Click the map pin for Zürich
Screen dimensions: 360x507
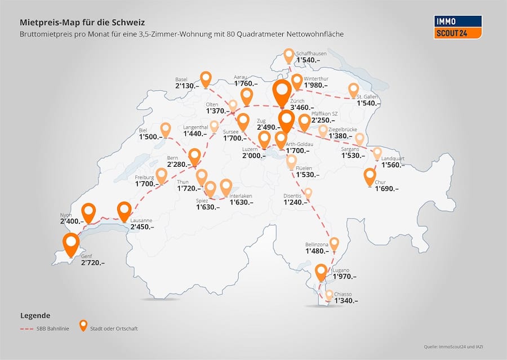282,91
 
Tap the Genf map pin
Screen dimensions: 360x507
71,245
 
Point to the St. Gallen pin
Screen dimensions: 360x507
354,90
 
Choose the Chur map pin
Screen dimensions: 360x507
370,176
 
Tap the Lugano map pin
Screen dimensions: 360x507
321,272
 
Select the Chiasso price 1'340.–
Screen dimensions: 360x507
346,301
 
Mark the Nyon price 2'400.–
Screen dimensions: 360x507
72,221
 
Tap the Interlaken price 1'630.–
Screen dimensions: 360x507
241,202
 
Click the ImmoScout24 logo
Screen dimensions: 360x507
459,27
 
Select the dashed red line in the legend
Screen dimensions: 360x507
31,328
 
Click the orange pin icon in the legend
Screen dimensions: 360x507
83,326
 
